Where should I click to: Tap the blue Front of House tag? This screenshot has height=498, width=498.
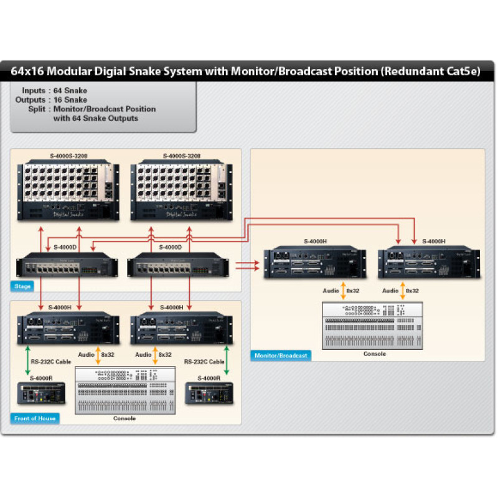click(35, 418)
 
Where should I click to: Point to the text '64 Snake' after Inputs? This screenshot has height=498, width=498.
click(70, 91)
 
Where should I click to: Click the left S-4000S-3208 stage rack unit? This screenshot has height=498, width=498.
click(68, 190)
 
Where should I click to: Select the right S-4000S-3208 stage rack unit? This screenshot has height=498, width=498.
click(181, 190)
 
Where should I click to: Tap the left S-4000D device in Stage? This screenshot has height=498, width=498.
click(68, 266)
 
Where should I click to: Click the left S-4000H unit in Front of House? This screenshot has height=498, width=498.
click(68, 329)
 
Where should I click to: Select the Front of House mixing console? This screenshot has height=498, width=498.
click(125, 390)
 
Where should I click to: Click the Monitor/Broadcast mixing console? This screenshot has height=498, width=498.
click(372, 325)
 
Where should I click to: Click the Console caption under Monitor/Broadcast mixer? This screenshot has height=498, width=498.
click(374, 354)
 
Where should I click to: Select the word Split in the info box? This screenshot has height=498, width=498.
click(36, 109)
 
